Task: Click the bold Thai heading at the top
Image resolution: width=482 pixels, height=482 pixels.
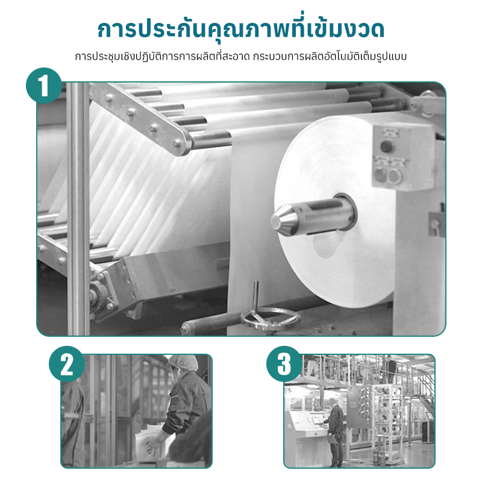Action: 241,30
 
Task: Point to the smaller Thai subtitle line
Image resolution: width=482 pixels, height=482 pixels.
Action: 241,57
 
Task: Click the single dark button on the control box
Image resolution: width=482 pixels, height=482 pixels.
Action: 387,146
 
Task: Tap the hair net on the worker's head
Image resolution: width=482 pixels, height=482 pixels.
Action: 182,363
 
